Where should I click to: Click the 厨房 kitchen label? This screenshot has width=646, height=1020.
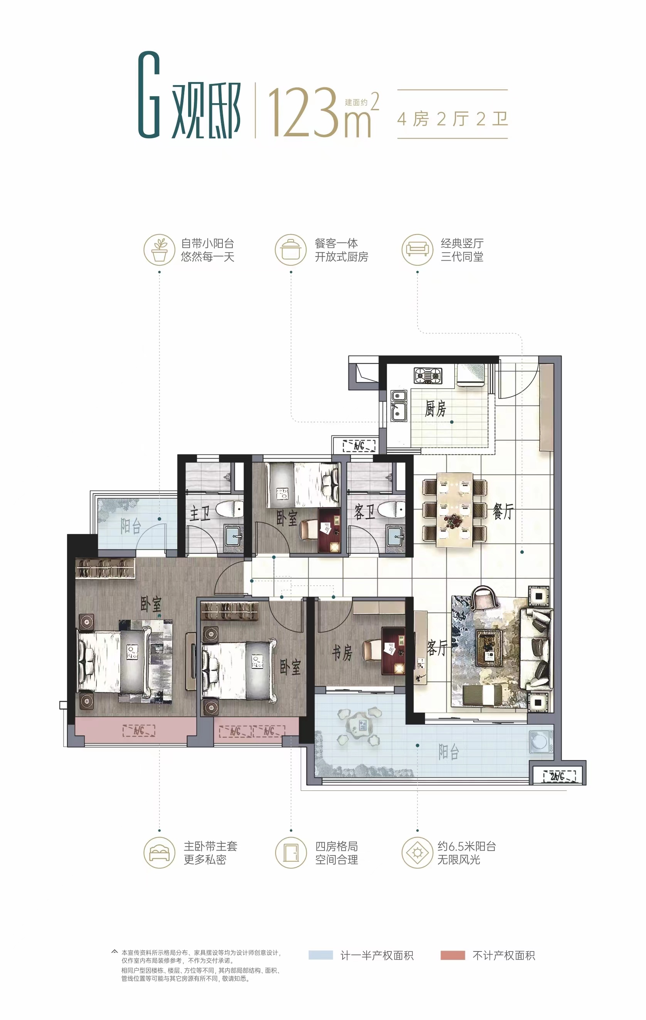[x=435, y=409]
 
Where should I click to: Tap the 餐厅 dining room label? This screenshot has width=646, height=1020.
[x=503, y=512]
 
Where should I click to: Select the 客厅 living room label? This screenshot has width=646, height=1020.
[x=437, y=648]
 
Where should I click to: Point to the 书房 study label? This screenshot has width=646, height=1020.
[x=342, y=653]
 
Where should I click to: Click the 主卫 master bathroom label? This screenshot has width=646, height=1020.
[x=200, y=514]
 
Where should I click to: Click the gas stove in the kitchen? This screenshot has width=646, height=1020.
[x=428, y=375]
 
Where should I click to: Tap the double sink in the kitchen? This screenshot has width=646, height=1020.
[x=399, y=406]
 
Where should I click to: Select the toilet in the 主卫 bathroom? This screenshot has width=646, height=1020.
[x=229, y=509]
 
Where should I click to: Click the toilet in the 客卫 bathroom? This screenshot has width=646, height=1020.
[x=391, y=509]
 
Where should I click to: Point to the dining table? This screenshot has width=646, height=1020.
[x=454, y=509]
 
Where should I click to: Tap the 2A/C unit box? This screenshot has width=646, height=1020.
[x=560, y=776]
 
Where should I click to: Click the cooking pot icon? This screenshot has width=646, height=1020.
[x=290, y=250]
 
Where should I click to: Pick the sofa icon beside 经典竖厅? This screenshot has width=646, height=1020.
[x=417, y=250]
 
